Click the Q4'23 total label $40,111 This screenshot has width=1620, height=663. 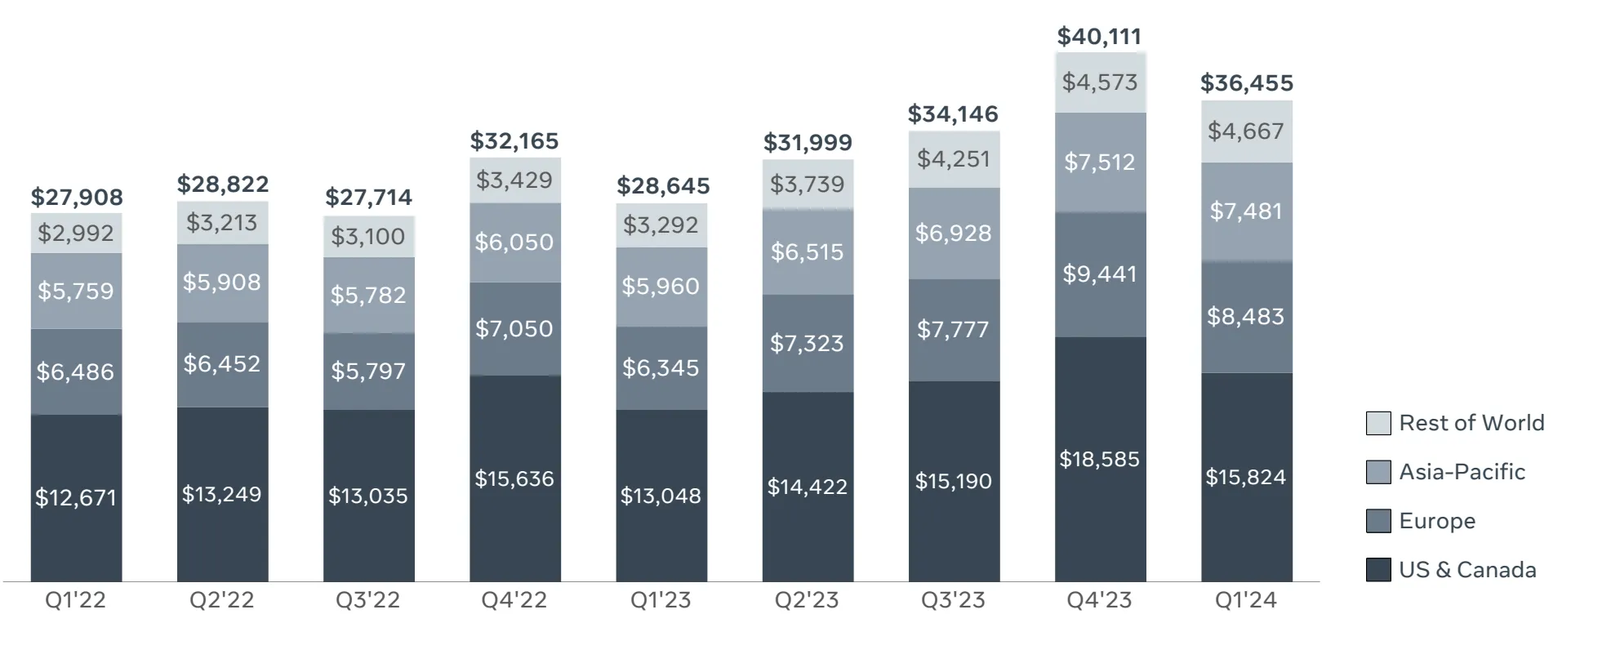[x=1099, y=36]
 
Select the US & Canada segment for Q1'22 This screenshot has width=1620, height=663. [x=76, y=497]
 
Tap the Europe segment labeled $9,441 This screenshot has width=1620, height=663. [x=1099, y=274]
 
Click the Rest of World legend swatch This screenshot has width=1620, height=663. [x=1377, y=423]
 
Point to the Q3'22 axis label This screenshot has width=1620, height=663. [x=368, y=600]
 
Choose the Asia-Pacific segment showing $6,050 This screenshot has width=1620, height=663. [x=514, y=242]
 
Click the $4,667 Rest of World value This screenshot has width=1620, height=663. [x=1246, y=131]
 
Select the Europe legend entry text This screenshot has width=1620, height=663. [x=1436, y=521]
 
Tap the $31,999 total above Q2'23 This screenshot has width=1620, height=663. [x=808, y=143]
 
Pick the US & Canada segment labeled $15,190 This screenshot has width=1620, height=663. [x=953, y=481]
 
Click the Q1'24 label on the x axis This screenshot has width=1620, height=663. [x=1245, y=600]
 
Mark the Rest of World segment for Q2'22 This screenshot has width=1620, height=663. [x=222, y=222]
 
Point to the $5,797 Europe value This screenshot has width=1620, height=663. [x=368, y=371]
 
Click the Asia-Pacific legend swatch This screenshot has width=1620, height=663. [x=1377, y=472]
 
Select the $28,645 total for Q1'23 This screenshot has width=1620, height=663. [x=663, y=186]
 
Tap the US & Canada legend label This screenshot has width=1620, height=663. [x=1466, y=570]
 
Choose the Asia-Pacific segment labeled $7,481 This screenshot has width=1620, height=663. [x=1246, y=211]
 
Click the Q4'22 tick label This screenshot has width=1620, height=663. [x=514, y=600]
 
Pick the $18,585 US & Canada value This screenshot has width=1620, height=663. [x=1099, y=459]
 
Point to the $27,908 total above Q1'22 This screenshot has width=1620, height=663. [x=77, y=197]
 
